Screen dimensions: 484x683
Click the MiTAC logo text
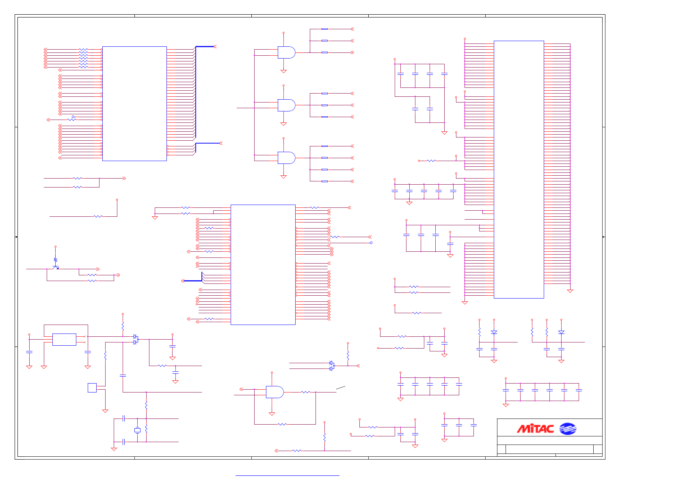(x=535, y=429)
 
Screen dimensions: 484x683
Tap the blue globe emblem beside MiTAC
(x=568, y=429)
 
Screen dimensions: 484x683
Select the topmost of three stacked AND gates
(x=286, y=52)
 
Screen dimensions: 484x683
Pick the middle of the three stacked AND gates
(x=286, y=105)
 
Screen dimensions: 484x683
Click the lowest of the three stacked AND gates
(x=286, y=158)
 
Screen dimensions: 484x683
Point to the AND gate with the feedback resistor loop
(x=274, y=392)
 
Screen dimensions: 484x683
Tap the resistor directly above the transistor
(x=56, y=259)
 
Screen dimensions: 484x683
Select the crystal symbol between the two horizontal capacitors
(x=137, y=430)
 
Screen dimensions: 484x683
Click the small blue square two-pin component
(x=92, y=388)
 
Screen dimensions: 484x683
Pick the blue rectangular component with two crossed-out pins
(x=64, y=339)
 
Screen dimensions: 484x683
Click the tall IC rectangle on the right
(x=519, y=169)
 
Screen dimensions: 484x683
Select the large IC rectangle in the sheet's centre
(x=263, y=264)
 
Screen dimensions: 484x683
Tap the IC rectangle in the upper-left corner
(x=134, y=103)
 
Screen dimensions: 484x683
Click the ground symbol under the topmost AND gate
(x=283, y=71)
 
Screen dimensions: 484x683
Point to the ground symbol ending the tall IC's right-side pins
(x=570, y=291)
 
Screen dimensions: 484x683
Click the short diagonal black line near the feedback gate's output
(x=341, y=388)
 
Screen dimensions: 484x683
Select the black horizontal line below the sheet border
(x=287, y=475)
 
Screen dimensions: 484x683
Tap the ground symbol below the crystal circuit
(x=114, y=449)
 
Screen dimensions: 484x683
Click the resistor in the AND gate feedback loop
(x=282, y=424)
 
